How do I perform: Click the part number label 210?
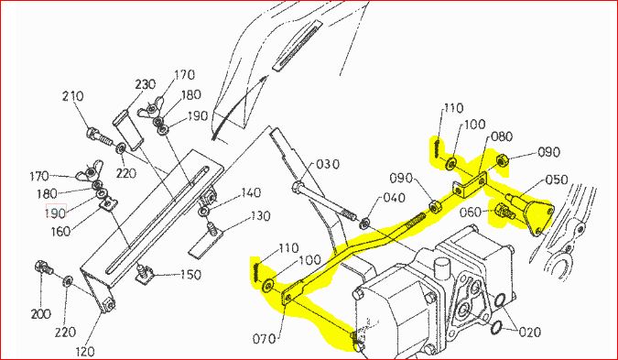pyautogui.click(x=73, y=96)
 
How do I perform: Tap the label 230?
pyautogui.click(x=146, y=84)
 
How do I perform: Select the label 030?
pyautogui.click(x=328, y=164)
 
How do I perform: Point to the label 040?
pyautogui.click(x=393, y=197)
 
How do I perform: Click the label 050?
pyautogui.click(x=557, y=180)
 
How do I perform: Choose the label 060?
pyautogui.click(x=471, y=213)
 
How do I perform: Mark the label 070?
pyautogui.click(x=264, y=338)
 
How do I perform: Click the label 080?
pyautogui.click(x=502, y=136)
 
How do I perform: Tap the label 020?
pyautogui.click(x=530, y=333)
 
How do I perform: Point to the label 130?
pyautogui.click(x=260, y=216)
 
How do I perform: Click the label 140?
pyautogui.click(x=251, y=192)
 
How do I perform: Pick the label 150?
pyautogui.click(x=191, y=275)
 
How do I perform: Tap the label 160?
pyautogui.click(x=61, y=231)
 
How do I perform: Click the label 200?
pyautogui.click(x=41, y=314)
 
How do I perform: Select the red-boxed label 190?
pyautogui.click(x=56, y=213)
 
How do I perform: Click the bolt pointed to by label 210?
pyautogui.click(x=100, y=136)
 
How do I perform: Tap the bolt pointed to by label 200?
pyautogui.click(x=44, y=268)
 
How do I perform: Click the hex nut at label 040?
pyautogui.click(x=365, y=224)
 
